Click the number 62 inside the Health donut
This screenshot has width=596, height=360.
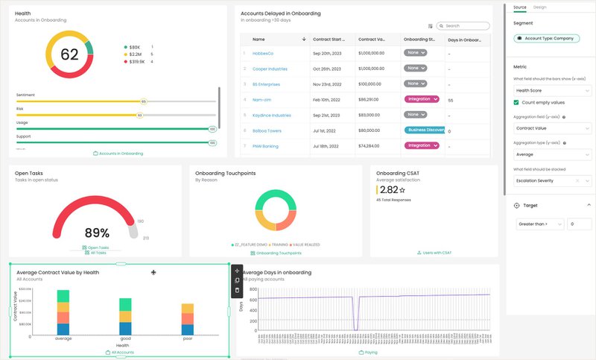pyautogui.click(x=69, y=54)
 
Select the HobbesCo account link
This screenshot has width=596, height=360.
pyautogui.click(x=264, y=54)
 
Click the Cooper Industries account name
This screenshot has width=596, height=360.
pyautogui.click(x=270, y=69)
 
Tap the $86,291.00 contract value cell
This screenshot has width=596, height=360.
pyautogui.click(x=373, y=99)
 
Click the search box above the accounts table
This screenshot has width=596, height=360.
pyautogui.click(x=466, y=25)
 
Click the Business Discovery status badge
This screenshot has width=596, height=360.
pyautogui.click(x=425, y=130)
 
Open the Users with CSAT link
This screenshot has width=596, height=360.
pyautogui.click(x=434, y=253)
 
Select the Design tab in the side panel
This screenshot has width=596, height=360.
pyautogui.click(x=539, y=7)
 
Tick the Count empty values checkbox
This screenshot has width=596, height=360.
pyautogui.click(x=518, y=102)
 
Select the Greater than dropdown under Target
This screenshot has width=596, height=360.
pyautogui.click(x=539, y=224)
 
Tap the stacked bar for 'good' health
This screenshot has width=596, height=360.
pyautogui.click(x=125, y=316)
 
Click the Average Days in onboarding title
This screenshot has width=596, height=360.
pyautogui.click(x=277, y=273)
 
